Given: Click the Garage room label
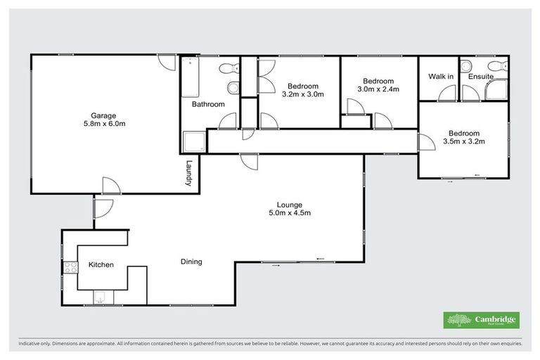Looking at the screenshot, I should point(103,115).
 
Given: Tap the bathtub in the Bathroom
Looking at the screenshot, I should point(190,78).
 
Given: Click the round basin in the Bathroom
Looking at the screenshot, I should point(233,88).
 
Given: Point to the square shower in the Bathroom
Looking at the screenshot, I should point(194,141).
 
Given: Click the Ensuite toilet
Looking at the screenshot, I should point(496,67).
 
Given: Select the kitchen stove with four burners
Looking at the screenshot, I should point(70,266).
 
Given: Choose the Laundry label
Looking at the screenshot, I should point(189,173).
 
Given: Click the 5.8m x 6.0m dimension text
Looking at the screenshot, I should point(103,124).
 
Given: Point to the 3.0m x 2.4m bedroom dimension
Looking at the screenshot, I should point(378,89).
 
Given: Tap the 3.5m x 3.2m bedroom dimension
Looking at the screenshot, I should point(464,141).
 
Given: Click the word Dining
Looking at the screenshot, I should point(191,262).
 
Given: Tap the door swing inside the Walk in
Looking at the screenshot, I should point(447,94).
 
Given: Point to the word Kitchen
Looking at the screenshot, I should point(101,265).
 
